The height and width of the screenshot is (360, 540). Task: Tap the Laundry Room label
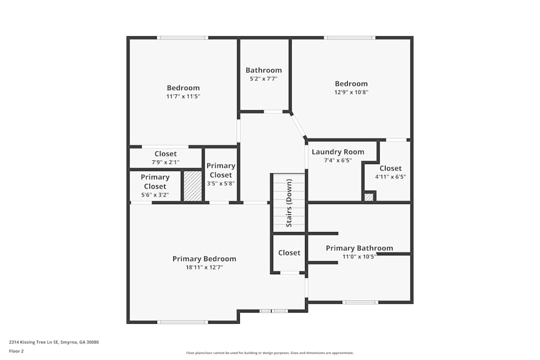pos(337,152)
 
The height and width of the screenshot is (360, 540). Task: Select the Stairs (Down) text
pos(289,203)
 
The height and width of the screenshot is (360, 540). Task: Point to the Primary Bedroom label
pos(204,259)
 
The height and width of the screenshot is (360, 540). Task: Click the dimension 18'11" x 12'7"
pos(204,267)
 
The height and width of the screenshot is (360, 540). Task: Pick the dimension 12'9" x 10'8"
pos(351,92)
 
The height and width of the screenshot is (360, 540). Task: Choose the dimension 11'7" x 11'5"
pos(183,97)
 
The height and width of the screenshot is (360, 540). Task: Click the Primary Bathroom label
pos(359,248)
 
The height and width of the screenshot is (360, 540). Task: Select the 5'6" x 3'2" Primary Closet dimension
pos(155,195)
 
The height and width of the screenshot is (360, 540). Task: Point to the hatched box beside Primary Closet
pos(192,186)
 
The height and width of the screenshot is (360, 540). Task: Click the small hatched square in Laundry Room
pos(369,197)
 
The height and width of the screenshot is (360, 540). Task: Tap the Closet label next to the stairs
pos(289,253)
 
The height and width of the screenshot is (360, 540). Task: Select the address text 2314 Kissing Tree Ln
pos(53,342)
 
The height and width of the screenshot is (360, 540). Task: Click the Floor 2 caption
pos(16,351)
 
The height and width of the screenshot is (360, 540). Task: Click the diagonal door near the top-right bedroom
pos(299,126)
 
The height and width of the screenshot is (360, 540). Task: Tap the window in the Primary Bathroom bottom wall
pos(360,302)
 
